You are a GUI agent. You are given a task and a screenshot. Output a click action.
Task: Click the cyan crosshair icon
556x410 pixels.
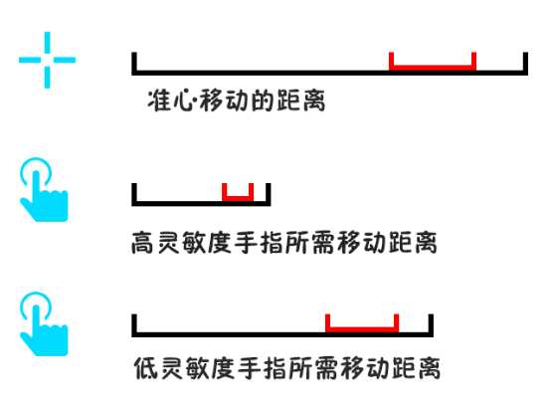(47, 60)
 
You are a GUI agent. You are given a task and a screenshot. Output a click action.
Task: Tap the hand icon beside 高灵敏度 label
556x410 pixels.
(44, 190)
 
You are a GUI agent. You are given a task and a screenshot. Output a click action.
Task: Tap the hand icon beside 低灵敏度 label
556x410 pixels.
(44, 323)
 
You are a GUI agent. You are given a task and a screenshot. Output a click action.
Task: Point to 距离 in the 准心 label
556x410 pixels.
(300, 101)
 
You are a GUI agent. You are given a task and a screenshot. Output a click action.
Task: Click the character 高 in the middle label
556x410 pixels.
(142, 243)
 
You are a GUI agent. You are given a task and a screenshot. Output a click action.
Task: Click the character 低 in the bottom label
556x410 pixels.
(145, 368)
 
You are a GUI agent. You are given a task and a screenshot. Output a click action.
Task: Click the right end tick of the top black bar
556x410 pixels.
(525, 63)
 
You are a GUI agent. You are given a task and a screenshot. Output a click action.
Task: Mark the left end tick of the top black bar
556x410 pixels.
(134, 63)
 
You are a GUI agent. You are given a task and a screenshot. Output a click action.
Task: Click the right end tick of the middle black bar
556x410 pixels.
(269, 194)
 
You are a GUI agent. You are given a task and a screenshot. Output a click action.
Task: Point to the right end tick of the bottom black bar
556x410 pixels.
(431, 324)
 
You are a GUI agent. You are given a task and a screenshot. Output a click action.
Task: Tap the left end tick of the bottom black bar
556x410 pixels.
(134, 324)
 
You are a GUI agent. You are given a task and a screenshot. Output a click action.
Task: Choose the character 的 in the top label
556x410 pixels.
(262, 101)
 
